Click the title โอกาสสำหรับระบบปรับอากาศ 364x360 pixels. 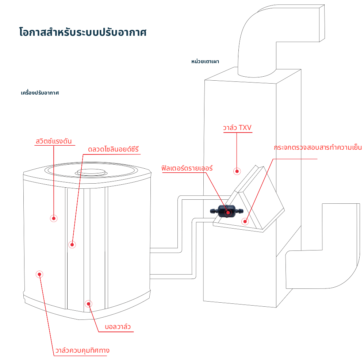point(83,32)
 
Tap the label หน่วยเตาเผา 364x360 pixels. point(205,61)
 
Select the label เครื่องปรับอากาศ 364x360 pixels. point(40,93)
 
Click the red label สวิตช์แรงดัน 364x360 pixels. point(54,141)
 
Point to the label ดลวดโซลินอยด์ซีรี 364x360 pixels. point(114,150)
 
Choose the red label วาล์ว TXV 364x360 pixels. point(237,128)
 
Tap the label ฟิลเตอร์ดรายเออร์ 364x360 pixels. point(187,169)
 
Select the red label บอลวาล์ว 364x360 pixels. point(117,326)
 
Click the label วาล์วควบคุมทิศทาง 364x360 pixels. point(82,351)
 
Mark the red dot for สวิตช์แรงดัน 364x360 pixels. point(54,218)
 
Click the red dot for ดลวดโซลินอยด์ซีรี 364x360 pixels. point(72,244)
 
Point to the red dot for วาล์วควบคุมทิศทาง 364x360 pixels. point(40,275)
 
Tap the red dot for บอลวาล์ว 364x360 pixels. point(88,303)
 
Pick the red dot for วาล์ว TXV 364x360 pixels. point(237,171)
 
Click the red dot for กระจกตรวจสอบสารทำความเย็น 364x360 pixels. point(245,221)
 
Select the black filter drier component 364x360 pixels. point(226,211)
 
